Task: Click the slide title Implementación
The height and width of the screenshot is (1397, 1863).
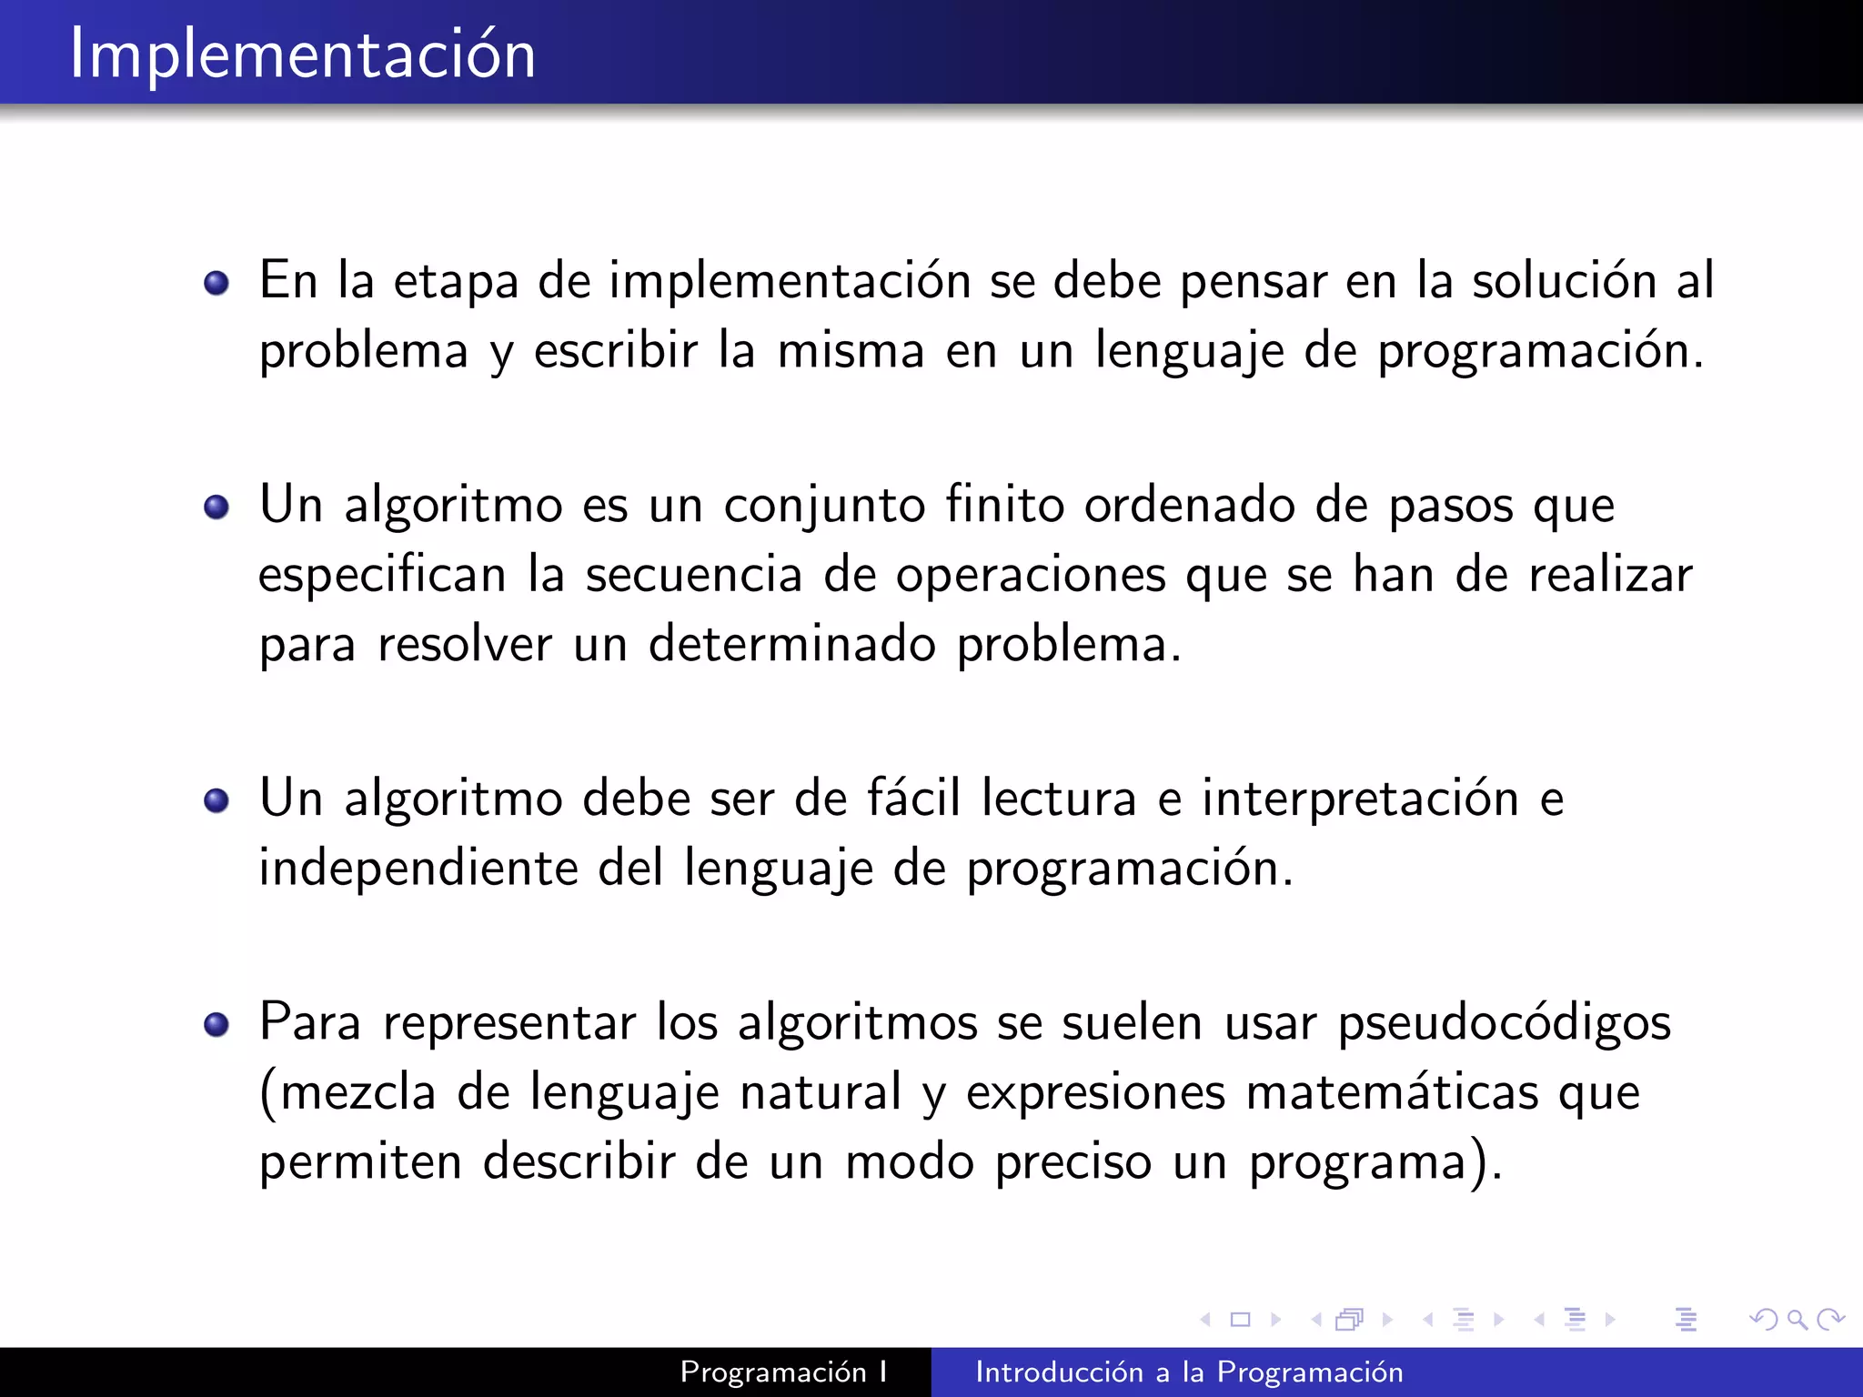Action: (302, 55)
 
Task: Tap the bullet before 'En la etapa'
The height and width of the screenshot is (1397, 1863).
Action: (217, 284)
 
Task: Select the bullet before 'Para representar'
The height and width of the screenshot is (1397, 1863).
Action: (217, 1025)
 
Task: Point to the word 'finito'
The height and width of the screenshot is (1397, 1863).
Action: (1004, 505)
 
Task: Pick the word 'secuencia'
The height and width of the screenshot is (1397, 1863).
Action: (693, 575)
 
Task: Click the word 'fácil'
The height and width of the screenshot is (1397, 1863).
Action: (913, 799)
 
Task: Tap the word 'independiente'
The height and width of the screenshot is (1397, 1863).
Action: (418, 868)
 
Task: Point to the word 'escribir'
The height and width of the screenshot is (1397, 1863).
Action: (615, 351)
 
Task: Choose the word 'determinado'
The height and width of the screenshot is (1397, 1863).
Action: (791, 645)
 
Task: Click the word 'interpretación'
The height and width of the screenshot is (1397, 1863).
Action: (1360, 799)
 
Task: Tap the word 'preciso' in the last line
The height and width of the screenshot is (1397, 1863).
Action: (1073, 1162)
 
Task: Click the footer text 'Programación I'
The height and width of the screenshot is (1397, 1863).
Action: (783, 1372)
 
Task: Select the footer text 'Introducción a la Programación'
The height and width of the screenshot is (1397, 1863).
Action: (1189, 1372)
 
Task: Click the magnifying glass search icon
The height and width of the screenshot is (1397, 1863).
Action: (1797, 1319)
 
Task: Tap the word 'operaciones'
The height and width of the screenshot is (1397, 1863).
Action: (1031, 575)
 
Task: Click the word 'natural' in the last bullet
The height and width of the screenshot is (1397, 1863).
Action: (821, 1093)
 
